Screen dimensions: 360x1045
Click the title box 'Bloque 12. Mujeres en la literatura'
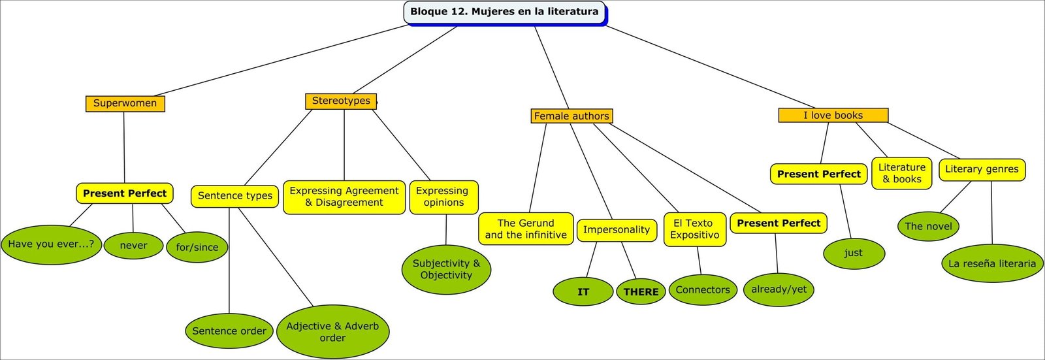[504, 12]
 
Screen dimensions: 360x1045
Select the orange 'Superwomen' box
[125, 103]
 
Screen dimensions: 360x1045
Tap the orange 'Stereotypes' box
[341, 101]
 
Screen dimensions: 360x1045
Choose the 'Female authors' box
[571, 116]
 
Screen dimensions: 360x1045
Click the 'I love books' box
[833, 115]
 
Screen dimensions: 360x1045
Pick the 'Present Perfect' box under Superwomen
[125, 193]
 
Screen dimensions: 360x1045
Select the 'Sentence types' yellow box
[235, 195]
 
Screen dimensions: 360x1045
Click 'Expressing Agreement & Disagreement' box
[344, 197]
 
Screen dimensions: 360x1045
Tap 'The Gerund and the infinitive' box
[526, 229]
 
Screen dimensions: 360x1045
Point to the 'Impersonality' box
[617, 230]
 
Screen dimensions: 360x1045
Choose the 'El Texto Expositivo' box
[694, 229]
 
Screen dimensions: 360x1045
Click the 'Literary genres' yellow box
[982, 169]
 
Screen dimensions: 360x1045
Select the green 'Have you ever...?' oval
[51, 244]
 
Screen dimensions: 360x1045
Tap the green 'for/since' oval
[197, 247]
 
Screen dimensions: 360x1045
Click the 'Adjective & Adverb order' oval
[332, 331]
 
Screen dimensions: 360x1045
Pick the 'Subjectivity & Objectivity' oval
[446, 269]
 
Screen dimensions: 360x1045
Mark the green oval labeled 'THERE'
[641, 292]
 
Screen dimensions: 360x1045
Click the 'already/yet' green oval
[779, 289]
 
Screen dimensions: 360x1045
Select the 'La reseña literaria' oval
[992, 263]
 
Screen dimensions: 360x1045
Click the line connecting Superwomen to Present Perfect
[124, 147]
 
